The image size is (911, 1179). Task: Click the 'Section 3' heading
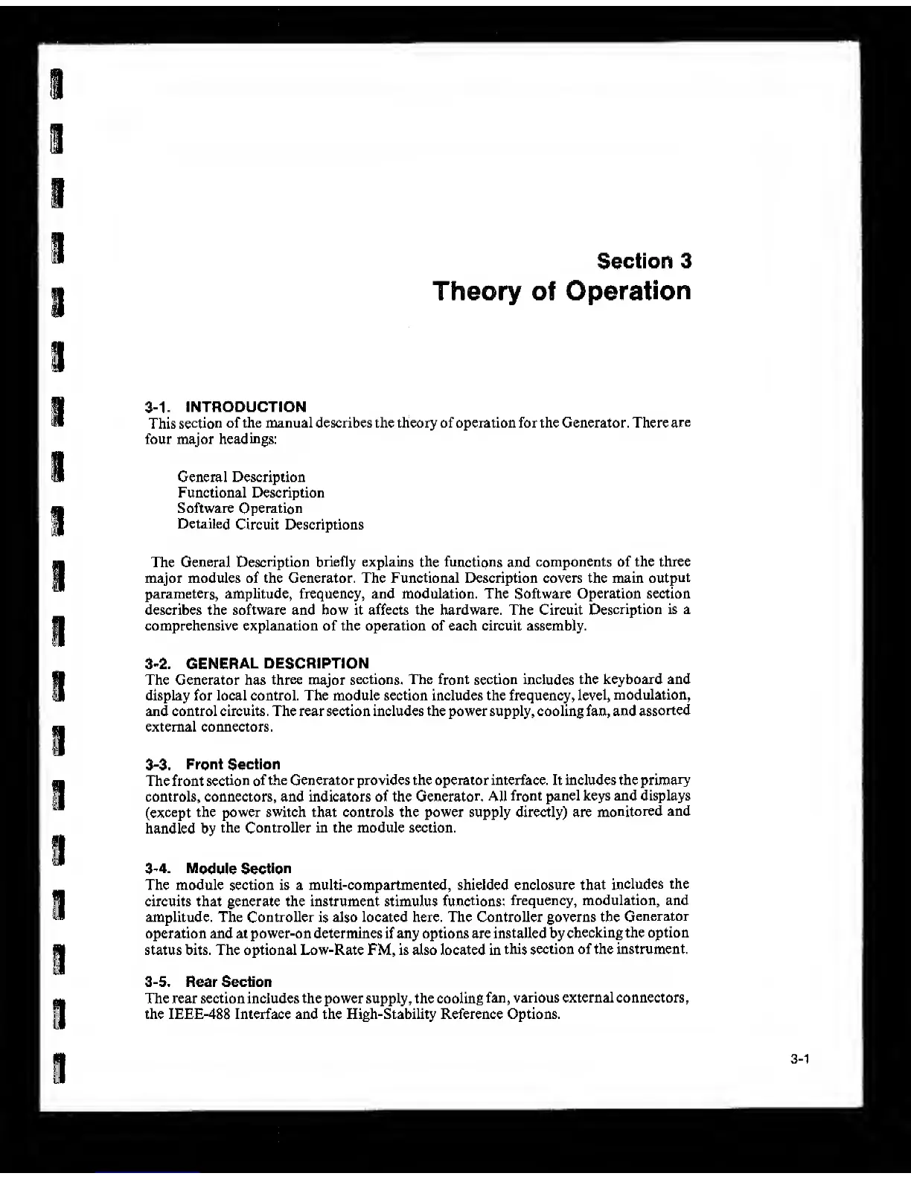644,261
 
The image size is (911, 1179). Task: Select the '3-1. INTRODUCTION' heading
226,406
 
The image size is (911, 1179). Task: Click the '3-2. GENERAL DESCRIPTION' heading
257,663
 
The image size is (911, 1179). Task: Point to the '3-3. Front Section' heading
213,764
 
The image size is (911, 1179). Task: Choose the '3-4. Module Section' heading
218,869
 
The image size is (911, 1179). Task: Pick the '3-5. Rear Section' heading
208,982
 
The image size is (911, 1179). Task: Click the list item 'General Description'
241,477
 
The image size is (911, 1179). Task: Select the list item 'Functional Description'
251,493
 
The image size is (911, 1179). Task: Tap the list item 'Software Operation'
240,508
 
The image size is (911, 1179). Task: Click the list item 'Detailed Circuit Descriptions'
270,525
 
